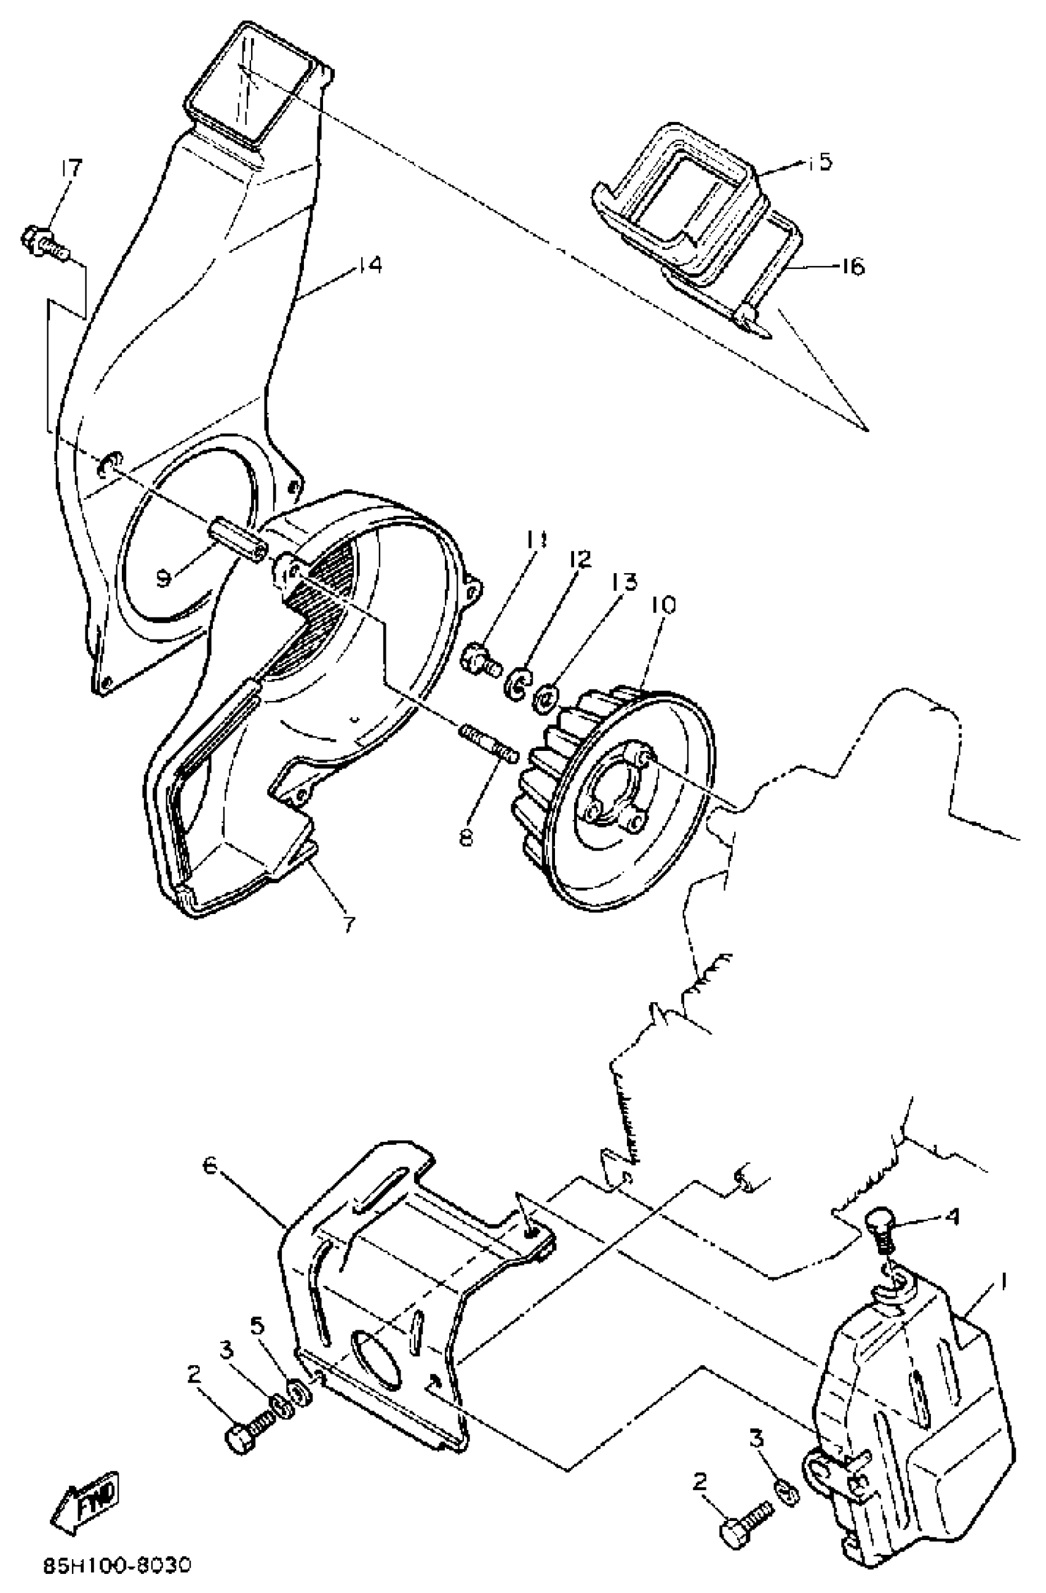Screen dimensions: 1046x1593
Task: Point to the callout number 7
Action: (x=349, y=925)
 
